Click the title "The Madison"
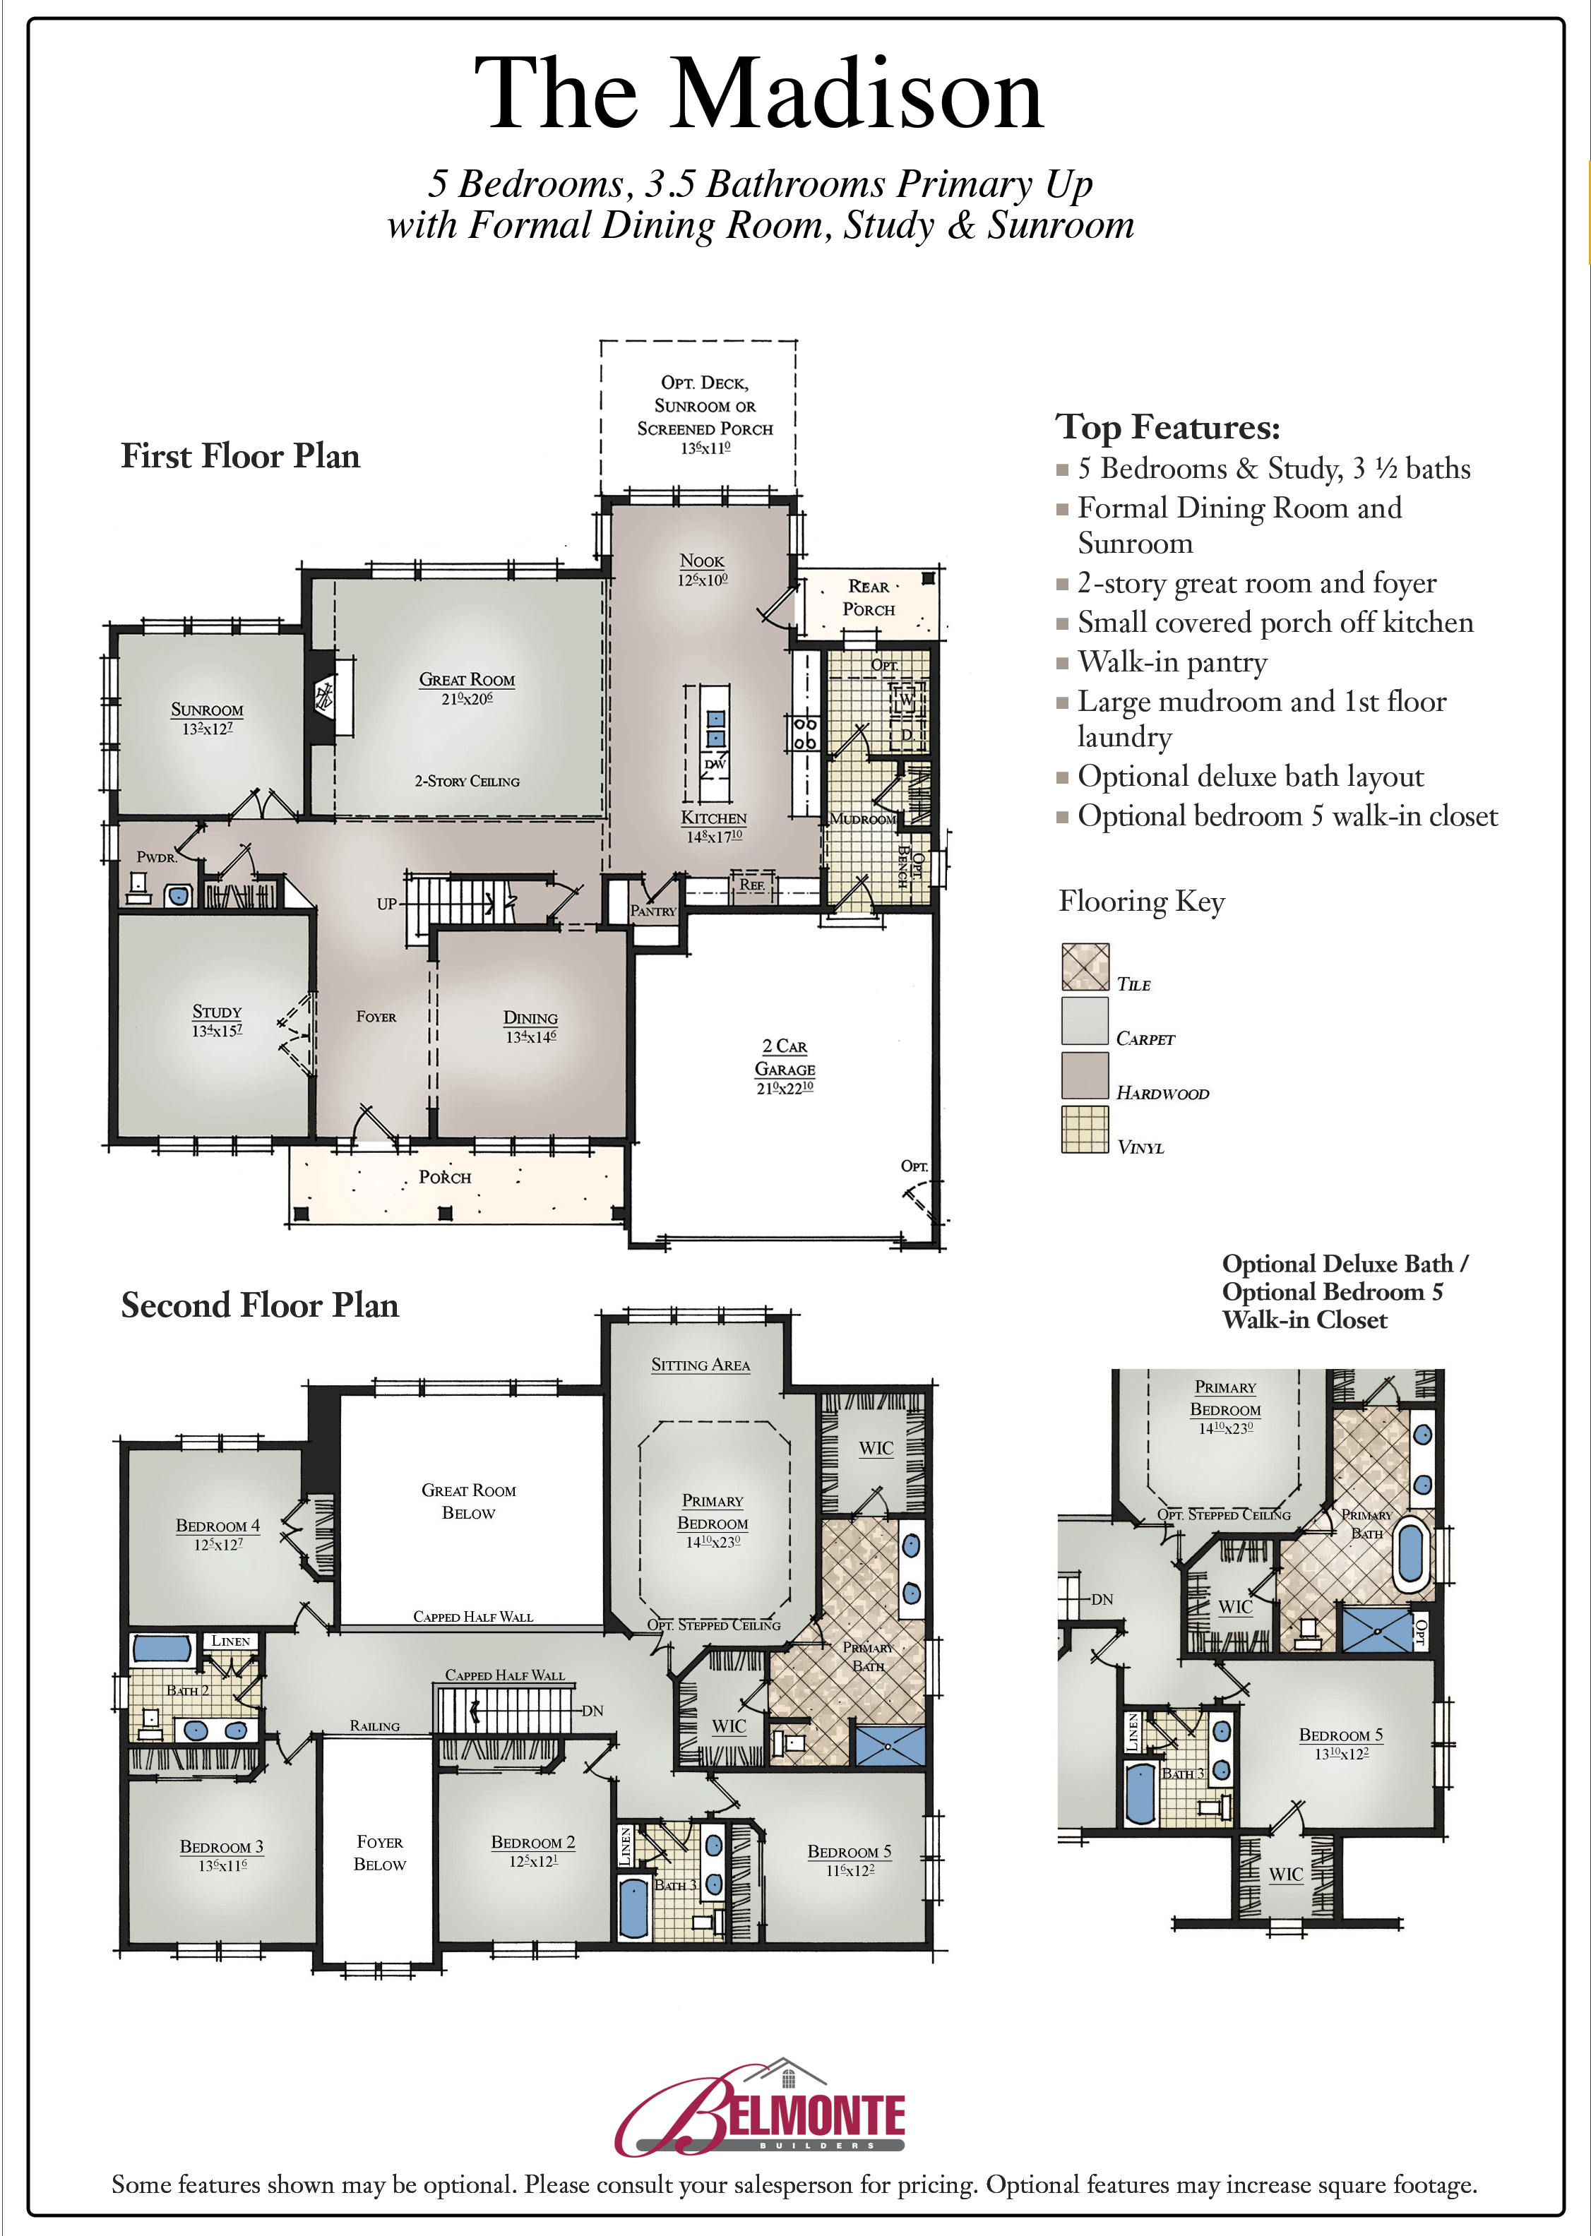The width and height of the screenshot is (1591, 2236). [759, 94]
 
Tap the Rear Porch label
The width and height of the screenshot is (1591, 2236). [869, 597]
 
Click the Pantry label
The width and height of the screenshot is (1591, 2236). [653, 911]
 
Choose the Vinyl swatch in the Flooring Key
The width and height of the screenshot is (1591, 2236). [1085, 1129]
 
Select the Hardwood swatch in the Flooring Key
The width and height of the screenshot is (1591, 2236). [1085, 1075]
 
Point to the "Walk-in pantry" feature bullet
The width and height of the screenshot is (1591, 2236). [1172, 663]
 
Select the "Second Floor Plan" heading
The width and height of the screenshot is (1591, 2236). [260, 1305]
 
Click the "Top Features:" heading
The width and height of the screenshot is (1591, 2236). [1168, 428]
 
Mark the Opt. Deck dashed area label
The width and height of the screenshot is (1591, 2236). [704, 405]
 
